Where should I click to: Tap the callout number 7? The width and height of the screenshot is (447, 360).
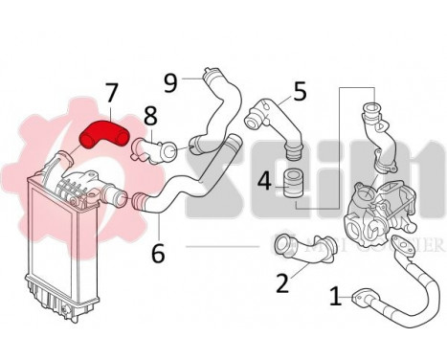click(x=112, y=94)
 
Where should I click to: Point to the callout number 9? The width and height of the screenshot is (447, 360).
click(x=171, y=83)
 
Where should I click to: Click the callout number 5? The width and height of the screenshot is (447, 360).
click(x=300, y=92)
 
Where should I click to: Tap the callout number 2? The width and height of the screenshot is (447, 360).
click(x=281, y=282)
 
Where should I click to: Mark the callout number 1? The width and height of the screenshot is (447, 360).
click(x=335, y=297)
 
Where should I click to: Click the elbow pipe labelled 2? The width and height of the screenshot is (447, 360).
click(x=304, y=250)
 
